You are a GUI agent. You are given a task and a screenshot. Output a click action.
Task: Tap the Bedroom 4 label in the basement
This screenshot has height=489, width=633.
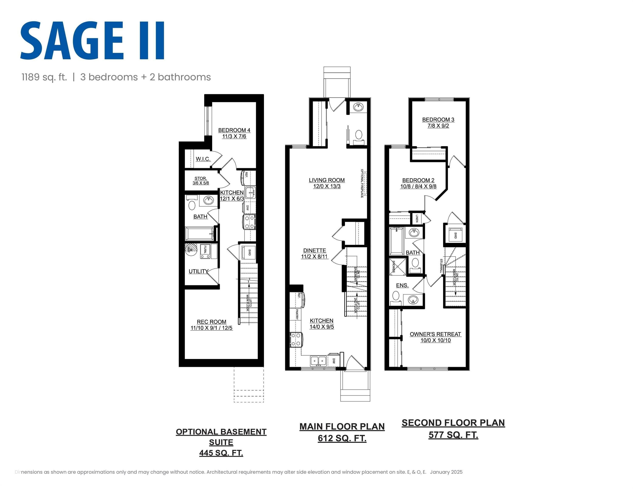[234, 130]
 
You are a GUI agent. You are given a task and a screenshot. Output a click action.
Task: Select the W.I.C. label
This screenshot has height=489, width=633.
[203, 159]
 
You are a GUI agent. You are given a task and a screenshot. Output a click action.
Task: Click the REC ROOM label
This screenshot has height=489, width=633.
[211, 322]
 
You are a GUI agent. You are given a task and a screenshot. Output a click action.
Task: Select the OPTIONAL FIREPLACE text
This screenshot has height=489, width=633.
[362, 183]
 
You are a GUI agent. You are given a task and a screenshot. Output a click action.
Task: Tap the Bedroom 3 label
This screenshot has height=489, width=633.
[438, 120]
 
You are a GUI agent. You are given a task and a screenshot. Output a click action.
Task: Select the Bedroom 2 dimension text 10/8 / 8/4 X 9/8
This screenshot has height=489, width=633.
[418, 187]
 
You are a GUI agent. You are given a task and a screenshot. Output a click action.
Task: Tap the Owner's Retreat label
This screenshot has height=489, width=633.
[435, 334]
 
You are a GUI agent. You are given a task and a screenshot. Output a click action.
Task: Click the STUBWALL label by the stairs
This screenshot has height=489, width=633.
[441, 266]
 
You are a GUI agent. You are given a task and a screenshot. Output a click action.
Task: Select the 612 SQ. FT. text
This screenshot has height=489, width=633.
[342, 438]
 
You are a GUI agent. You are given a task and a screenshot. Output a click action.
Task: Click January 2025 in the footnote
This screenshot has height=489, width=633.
[446, 472]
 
